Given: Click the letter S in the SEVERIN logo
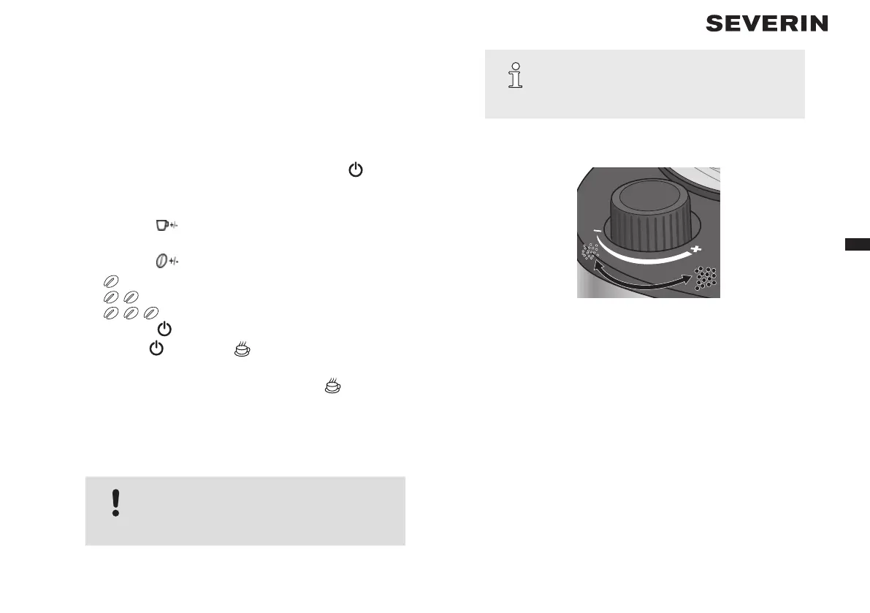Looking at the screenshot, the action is point(714,24).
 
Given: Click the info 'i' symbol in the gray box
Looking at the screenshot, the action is point(516,75).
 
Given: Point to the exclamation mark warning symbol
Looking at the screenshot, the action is point(115,503).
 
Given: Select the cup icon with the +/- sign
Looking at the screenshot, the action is point(162,226).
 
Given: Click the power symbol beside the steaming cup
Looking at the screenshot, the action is point(156,349).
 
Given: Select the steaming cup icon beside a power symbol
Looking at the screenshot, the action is point(243,349).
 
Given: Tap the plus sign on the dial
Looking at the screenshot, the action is point(695,250).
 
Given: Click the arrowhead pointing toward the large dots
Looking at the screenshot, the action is point(687,279).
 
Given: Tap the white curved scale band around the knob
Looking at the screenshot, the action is point(643,257).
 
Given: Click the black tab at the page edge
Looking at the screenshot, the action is point(857,245).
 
